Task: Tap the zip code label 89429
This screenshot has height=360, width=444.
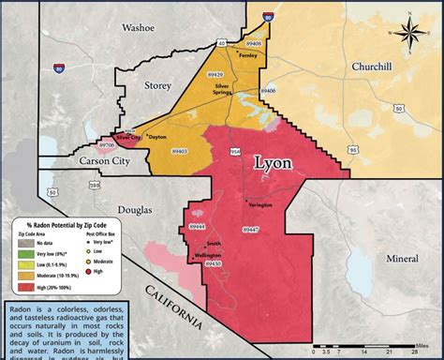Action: coord(215,73)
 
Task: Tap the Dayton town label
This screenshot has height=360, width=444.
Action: coord(157,137)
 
